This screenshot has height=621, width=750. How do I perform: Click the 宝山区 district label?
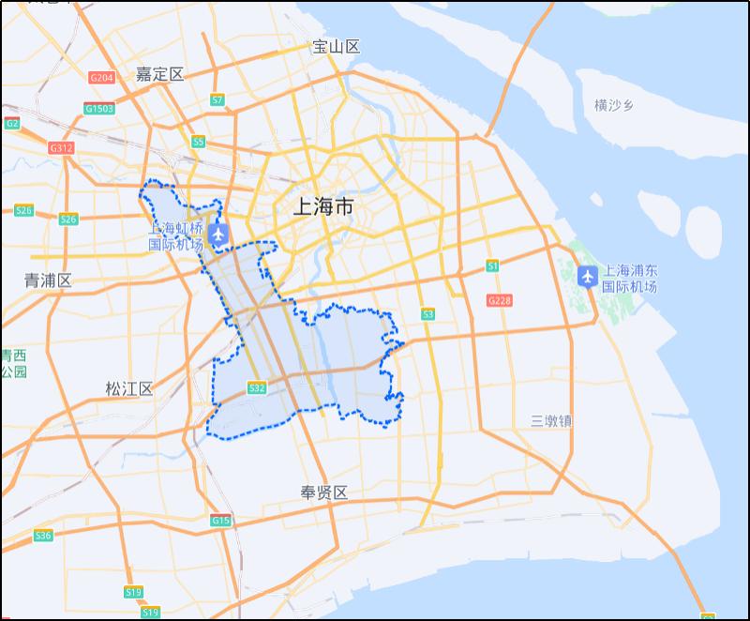pos(336,47)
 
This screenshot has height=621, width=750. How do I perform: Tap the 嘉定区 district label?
pos(159,74)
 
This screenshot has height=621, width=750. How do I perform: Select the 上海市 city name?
pos(323,206)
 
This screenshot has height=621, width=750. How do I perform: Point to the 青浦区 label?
pos(48,280)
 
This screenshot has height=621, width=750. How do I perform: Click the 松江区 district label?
pos(128,388)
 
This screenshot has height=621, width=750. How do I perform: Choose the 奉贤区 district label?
pos(323,492)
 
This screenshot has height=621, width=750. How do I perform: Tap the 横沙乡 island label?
pos(614,105)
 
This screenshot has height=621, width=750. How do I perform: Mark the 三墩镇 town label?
pos(550,421)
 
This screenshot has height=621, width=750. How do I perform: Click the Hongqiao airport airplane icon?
pos(219,233)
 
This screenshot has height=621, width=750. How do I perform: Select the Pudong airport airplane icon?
pos(588,276)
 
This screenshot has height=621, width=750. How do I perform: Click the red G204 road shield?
pos(101,78)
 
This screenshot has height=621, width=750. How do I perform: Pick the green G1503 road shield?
pos(99,109)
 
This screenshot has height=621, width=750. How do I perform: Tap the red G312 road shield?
pos(61,148)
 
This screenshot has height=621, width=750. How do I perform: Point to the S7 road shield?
pos(217,99)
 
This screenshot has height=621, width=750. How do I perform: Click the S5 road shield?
pos(198,142)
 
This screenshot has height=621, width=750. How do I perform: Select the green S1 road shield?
pos(492,266)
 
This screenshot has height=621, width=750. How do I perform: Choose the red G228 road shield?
pos(499,300)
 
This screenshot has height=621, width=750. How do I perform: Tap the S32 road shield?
pos(257,387)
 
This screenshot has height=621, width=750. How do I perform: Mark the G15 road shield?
pos(220,521)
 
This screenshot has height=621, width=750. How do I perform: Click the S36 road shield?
pos(43,536)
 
